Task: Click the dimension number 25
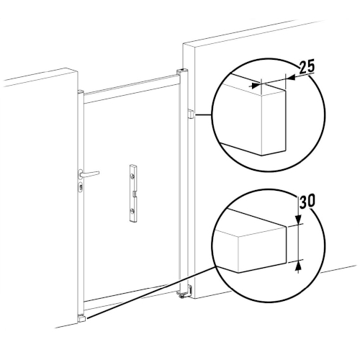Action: (x=307, y=67)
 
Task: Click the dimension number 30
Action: (x=307, y=201)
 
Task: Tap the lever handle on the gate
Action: (x=89, y=174)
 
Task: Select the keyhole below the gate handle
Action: (x=81, y=186)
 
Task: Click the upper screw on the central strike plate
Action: (x=132, y=177)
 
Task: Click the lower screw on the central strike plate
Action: (x=132, y=211)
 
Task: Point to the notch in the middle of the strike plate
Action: (x=135, y=193)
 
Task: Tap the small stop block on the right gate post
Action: (x=190, y=113)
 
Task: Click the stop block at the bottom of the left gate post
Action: (x=81, y=319)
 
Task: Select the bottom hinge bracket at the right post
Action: (x=186, y=292)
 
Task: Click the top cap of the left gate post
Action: (x=81, y=91)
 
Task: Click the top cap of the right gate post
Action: (x=182, y=71)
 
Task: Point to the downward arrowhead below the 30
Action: (x=298, y=220)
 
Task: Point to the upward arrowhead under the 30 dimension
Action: (x=298, y=266)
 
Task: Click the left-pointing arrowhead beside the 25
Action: (x=292, y=78)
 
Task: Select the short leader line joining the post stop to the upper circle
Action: (x=204, y=115)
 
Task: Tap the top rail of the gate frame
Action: (x=132, y=89)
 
